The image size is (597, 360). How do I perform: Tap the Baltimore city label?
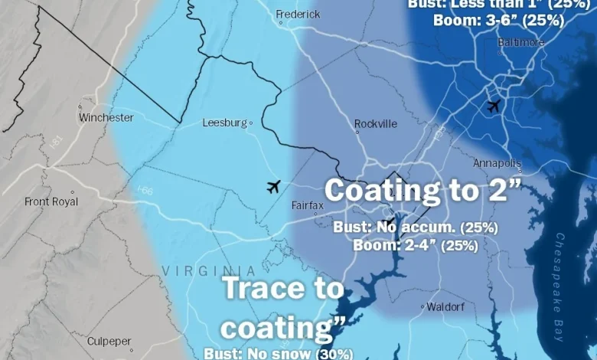tap(520, 42)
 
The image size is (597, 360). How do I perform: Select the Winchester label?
tap(106, 118)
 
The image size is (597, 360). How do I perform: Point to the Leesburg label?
tap(225, 123)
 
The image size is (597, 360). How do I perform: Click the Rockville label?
tap(376, 124)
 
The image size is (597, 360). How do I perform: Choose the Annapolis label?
tap(497, 163)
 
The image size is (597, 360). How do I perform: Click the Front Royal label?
tap(51, 201)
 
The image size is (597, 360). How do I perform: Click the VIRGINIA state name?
tap(198, 270)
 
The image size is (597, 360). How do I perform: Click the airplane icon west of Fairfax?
tap(273, 186)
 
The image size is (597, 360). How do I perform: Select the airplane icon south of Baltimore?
tap(494, 106)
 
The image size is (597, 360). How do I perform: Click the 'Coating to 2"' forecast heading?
tap(423, 191)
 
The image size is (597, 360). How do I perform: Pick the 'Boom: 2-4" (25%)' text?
tap(416, 246)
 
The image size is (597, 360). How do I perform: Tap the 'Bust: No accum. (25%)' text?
tap(416, 227)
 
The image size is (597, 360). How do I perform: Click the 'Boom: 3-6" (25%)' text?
tap(498, 20)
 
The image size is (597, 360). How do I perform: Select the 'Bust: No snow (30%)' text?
tap(278, 353)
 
